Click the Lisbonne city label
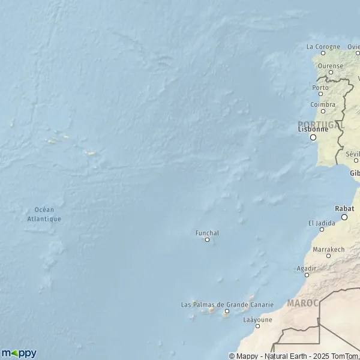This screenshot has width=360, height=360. pyautogui.click(x=313, y=128)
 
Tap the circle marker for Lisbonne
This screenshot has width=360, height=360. pyautogui.click(x=313, y=137)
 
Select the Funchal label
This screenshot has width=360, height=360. pyautogui.click(x=207, y=233)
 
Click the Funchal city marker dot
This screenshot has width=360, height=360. pyautogui.click(x=207, y=240)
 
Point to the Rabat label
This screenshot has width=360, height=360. pyautogui.click(x=345, y=209)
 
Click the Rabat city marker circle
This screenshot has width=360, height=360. pyautogui.click(x=344, y=217)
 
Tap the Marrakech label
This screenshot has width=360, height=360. pyautogui.click(x=328, y=249)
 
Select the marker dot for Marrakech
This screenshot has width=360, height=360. pyautogui.click(x=328, y=256)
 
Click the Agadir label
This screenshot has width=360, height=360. pyautogui.click(x=307, y=268)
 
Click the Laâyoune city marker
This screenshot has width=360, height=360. pyautogui.click(x=257, y=326)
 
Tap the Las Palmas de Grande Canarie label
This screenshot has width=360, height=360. pyautogui.click(x=227, y=305)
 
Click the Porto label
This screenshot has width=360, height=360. pyautogui.click(x=320, y=87)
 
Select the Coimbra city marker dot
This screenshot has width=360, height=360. pyautogui.click(x=323, y=111)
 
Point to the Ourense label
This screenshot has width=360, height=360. pyautogui.click(x=331, y=66)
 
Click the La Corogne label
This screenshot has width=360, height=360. pyautogui.click(x=323, y=46)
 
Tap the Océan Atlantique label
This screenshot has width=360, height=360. pyautogui.click(x=44, y=214)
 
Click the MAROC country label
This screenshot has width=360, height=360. pyautogui.click(x=303, y=303)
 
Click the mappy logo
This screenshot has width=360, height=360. pyautogui.click(x=19, y=353)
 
